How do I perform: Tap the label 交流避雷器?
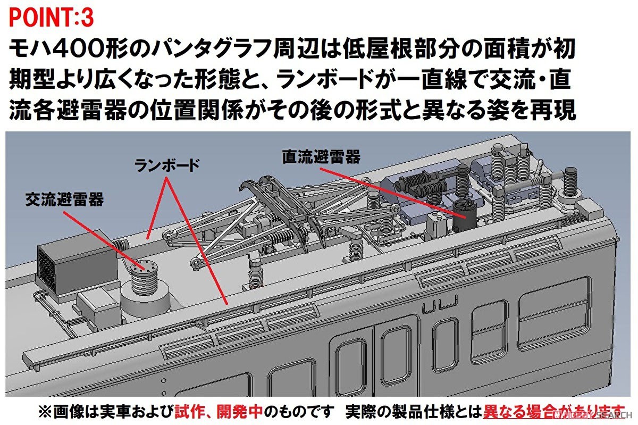click(x=64, y=199)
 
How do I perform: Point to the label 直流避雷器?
click(x=321, y=156)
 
